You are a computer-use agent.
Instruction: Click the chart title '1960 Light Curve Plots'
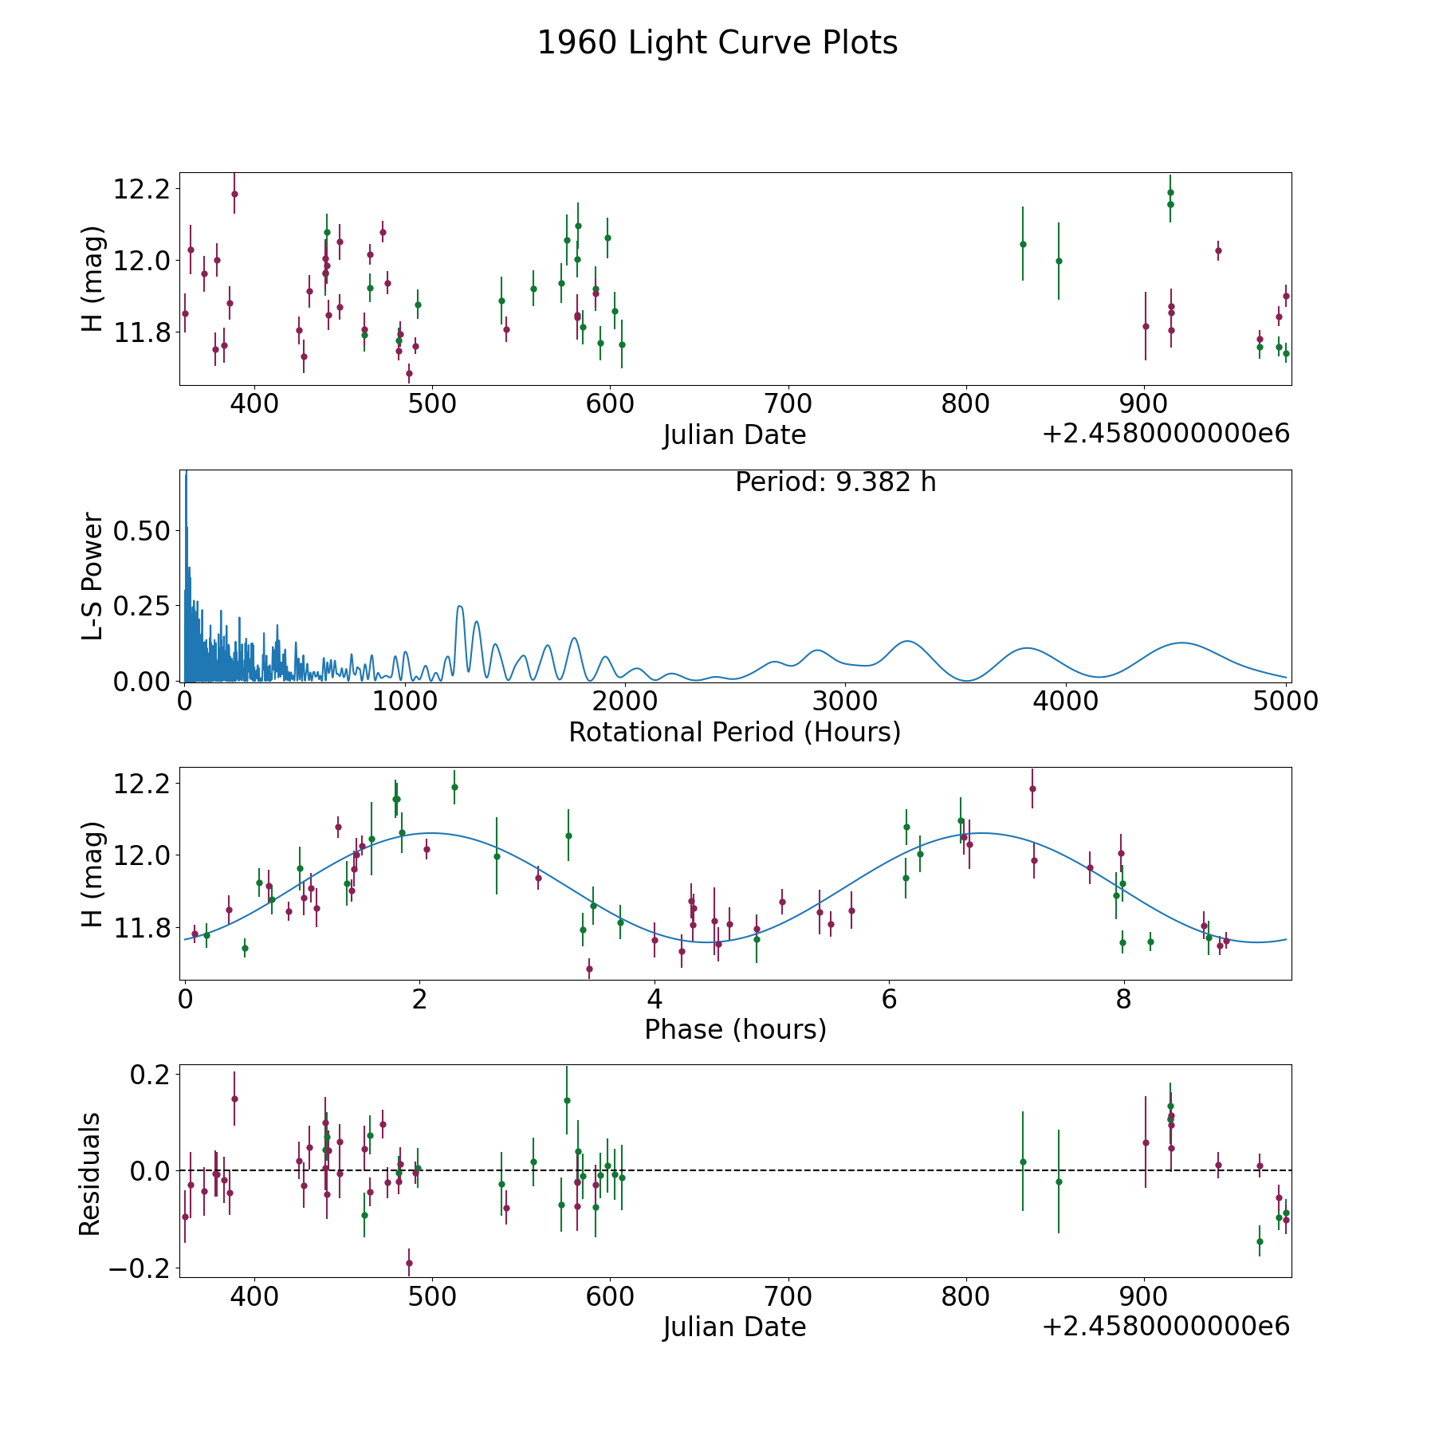(x=717, y=43)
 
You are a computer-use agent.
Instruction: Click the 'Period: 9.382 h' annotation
(x=835, y=482)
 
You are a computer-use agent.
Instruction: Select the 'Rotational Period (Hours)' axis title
(x=735, y=732)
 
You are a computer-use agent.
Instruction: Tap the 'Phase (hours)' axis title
(x=735, y=1029)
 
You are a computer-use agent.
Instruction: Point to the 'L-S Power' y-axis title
(x=92, y=576)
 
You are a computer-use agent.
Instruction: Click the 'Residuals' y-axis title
(x=90, y=1174)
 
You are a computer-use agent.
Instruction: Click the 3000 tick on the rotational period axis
(x=844, y=701)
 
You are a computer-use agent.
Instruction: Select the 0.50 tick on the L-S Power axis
(x=142, y=531)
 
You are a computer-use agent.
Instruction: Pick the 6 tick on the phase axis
(x=889, y=998)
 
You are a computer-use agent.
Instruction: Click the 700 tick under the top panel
(x=788, y=403)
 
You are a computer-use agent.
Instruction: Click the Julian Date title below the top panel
(x=735, y=434)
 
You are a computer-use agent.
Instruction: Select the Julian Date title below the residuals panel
(x=735, y=1327)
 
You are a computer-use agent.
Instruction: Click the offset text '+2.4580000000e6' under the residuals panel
(x=1166, y=1326)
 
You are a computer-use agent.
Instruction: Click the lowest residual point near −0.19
(x=409, y=1263)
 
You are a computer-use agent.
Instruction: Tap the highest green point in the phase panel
(x=454, y=787)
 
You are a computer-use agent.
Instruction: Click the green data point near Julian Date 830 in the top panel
(x=1023, y=244)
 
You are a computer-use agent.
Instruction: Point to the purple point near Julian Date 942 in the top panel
(x=1218, y=250)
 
